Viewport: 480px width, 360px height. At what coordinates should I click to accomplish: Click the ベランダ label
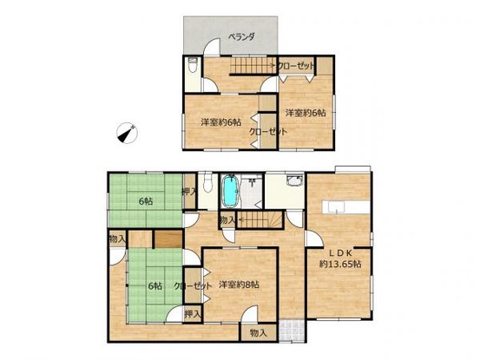[241, 37]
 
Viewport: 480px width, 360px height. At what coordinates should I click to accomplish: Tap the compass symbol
[128, 133]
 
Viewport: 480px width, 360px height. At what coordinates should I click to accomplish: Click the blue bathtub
[231, 191]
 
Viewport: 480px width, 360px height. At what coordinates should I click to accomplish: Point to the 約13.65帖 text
[340, 264]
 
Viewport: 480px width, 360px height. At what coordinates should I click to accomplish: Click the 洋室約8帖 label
[239, 285]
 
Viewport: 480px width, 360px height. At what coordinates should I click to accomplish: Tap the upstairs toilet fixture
[193, 64]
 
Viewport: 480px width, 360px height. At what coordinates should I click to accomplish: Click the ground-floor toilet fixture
[207, 183]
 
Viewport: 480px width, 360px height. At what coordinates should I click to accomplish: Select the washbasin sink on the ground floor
[294, 180]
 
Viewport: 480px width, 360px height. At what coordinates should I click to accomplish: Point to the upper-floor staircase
[253, 65]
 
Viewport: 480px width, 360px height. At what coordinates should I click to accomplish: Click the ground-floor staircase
[260, 219]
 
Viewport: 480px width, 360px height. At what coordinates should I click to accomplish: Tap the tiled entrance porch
[292, 331]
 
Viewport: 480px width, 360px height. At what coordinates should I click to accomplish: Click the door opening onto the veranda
[213, 47]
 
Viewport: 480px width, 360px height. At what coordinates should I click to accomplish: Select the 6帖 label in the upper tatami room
[146, 201]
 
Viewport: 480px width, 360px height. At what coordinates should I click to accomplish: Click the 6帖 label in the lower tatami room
[155, 286]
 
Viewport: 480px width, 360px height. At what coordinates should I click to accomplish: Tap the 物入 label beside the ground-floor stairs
[227, 220]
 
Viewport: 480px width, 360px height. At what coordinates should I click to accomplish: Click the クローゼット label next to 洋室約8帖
[193, 286]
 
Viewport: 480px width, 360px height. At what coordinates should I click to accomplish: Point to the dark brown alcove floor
[168, 239]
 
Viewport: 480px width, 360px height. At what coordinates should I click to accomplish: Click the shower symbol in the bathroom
[252, 181]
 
